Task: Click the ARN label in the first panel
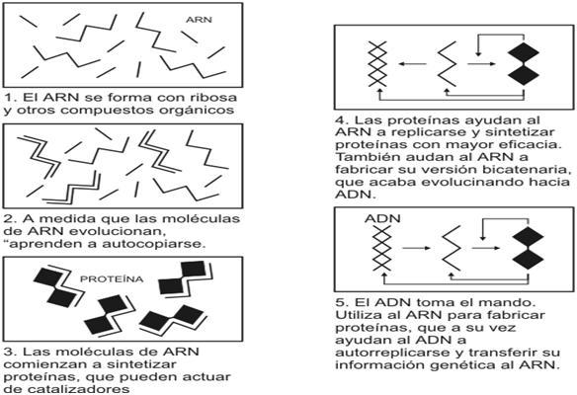(x=199, y=20)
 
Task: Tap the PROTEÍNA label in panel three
(x=112, y=279)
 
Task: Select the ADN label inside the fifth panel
(x=382, y=218)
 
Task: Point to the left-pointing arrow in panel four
(x=413, y=64)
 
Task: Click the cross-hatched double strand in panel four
(x=378, y=64)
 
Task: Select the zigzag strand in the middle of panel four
(x=448, y=64)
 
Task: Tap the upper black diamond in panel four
(x=524, y=53)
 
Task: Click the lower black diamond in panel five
(x=528, y=259)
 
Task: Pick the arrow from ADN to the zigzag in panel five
(x=416, y=248)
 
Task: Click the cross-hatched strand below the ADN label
(x=381, y=248)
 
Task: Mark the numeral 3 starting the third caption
(x=9, y=352)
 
